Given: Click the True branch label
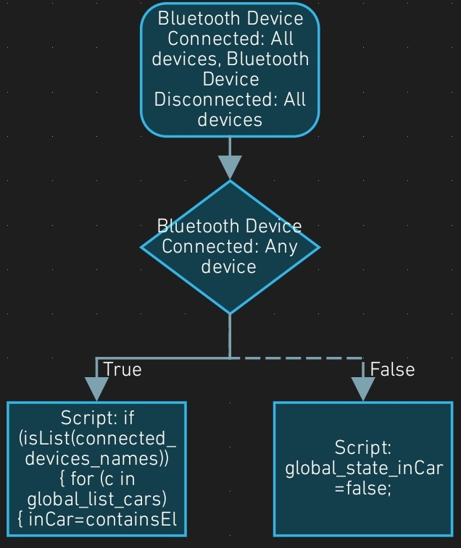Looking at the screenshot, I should tap(122, 369).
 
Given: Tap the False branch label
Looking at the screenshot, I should tap(392, 369).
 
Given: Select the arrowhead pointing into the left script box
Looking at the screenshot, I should tap(96, 388).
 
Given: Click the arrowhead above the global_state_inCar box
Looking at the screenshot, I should tap(362, 388).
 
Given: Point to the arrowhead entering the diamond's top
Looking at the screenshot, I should tap(230, 167).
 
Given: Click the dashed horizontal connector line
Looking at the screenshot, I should tap(297, 358).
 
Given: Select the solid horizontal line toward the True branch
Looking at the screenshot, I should tap(162, 358).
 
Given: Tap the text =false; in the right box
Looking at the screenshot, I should tap(362, 489).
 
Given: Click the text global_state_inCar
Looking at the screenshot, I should tap(363, 468).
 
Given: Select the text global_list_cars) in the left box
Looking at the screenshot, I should tap(96, 499).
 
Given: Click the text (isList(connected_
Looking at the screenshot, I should tap(96, 438).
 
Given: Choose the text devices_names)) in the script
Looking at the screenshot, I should tap(96, 458).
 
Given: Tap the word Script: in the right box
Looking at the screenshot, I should tap(362, 448).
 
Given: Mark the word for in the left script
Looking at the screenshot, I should tap(82, 479).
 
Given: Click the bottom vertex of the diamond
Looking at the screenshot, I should tap(230, 312).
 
